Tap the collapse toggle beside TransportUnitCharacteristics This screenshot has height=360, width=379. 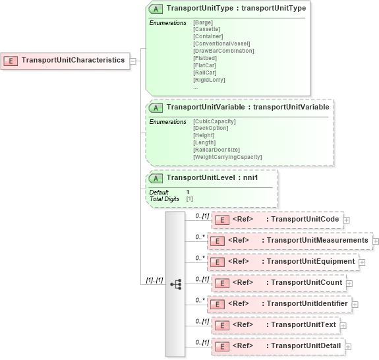click(133, 61)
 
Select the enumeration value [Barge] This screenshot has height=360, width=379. click(203, 22)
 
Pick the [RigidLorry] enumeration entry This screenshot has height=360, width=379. click(209, 80)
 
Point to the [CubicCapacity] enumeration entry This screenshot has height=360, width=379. click(214, 121)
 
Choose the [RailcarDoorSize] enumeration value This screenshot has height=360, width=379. click(216, 150)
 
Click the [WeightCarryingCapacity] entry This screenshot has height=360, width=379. click(227, 157)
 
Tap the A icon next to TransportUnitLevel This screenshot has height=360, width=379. click(156, 178)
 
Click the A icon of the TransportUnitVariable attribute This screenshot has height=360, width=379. click(156, 107)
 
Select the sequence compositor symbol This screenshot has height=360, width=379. click(175, 284)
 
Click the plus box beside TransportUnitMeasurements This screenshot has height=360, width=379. click(376, 241)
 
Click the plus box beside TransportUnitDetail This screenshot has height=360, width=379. click(348, 346)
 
